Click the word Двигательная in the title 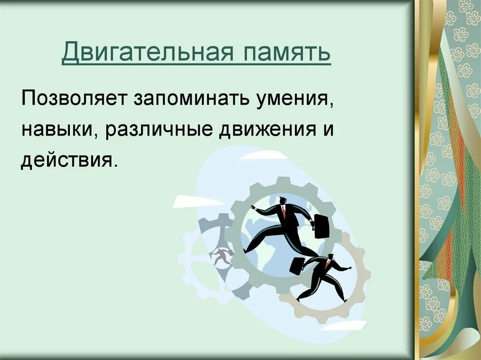click(146, 53)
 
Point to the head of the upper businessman click(283, 201)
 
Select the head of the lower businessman click(330, 257)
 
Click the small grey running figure click(220, 256)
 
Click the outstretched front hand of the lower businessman click(349, 268)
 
